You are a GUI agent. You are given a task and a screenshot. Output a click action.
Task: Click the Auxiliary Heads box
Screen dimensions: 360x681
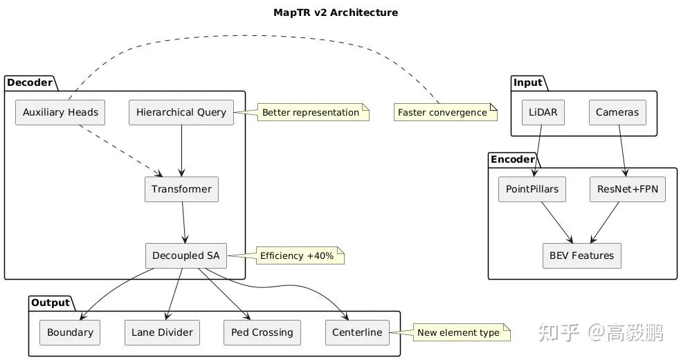60,112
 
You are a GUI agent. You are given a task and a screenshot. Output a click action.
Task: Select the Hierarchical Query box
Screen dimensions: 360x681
181,112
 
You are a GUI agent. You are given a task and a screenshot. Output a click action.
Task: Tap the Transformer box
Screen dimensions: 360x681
181,190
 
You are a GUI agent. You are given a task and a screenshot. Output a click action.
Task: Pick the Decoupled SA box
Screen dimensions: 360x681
185,255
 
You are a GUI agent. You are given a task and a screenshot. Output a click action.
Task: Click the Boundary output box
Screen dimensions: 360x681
70,332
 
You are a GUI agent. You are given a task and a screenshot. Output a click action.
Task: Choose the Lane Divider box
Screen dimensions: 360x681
162,332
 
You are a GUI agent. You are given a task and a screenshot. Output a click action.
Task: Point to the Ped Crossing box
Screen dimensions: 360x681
262,332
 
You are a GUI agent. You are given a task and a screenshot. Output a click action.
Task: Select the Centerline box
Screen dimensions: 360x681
357,332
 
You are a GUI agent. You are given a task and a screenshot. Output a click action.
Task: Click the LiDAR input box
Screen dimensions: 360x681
543,112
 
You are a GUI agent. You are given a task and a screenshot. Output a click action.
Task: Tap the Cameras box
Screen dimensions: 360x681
617,112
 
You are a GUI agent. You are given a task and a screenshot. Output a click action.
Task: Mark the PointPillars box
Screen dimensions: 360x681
532,190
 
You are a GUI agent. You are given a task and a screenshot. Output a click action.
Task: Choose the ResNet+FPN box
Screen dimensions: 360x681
627,190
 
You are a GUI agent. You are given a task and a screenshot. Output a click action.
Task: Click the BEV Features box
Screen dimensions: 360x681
581,255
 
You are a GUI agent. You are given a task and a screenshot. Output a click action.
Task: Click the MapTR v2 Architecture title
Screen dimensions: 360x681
340,12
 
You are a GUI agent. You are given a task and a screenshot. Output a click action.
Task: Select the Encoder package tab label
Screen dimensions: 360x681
513,159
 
